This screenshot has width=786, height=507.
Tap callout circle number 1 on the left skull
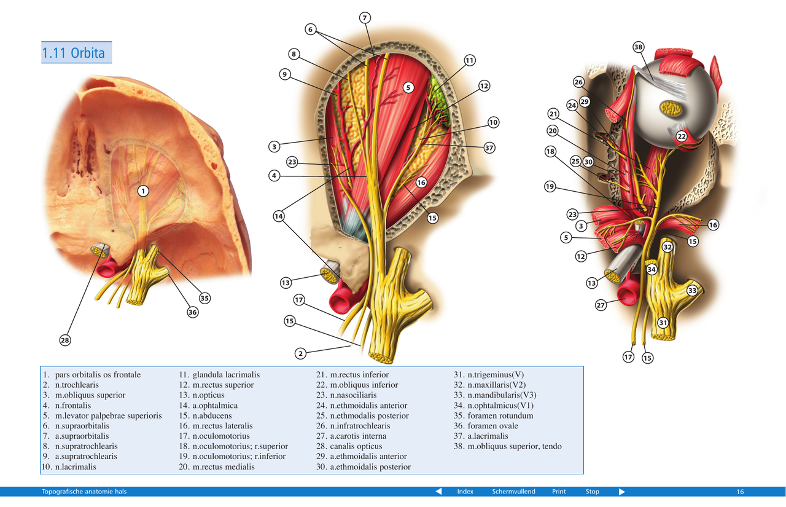pos(142,191)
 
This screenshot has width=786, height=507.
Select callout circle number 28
pos(66,340)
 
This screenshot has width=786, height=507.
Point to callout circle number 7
pos(365,18)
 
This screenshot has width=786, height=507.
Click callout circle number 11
pos(470,60)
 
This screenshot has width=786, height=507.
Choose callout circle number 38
pos(639,47)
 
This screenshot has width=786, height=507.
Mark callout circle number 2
pos(300,353)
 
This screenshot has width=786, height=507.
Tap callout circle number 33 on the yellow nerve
pos(692,290)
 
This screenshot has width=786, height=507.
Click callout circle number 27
pos(601,305)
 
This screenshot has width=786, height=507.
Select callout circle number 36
pos(193,312)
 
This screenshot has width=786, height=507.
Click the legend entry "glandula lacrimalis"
pos(226,375)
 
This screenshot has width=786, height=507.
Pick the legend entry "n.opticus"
pos(208,395)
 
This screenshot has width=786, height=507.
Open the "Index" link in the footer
pos(465,492)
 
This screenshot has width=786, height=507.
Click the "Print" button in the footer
pos(559,492)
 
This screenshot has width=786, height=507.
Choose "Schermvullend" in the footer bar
pos(513,492)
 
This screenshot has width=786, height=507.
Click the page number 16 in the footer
pos(740,492)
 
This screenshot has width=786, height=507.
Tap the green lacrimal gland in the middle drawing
pos(438,92)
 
